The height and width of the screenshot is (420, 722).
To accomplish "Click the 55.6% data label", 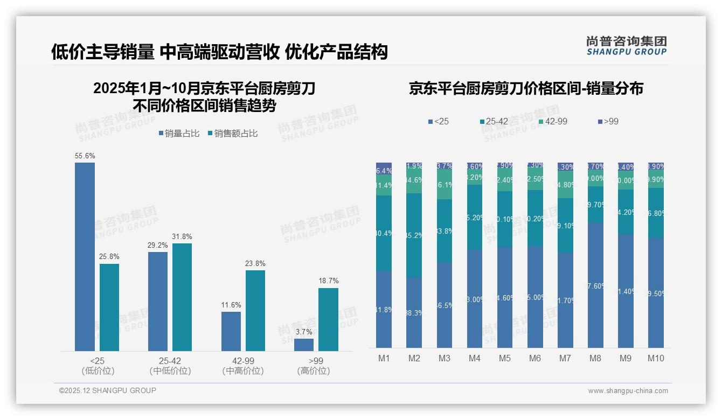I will [85, 156].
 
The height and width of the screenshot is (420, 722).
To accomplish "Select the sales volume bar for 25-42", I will [158, 302].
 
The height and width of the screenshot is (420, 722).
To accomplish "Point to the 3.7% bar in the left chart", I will [304, 345].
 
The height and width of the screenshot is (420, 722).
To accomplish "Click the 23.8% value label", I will [255, 264].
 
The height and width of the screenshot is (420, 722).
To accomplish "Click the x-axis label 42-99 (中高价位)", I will [243, 366].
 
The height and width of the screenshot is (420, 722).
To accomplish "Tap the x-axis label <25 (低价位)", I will [98, 366].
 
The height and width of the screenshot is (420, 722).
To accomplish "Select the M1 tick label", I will [384, 359].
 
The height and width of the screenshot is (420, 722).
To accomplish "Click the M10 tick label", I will [656, 359].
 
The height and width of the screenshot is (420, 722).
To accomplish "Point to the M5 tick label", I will [504, 359].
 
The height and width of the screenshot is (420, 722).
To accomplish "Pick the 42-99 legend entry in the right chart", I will [553, 122].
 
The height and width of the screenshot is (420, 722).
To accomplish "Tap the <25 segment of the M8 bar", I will [595, 285].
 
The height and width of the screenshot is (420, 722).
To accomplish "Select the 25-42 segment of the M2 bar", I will [414, 235].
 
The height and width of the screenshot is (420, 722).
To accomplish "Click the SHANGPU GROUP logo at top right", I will [626, 46].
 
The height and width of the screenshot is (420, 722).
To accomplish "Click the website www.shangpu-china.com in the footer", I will [628, 391].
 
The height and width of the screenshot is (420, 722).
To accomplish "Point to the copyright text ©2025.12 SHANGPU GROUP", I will [108, 390].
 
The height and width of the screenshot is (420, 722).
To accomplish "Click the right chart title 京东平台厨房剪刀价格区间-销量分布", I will [526, 89].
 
